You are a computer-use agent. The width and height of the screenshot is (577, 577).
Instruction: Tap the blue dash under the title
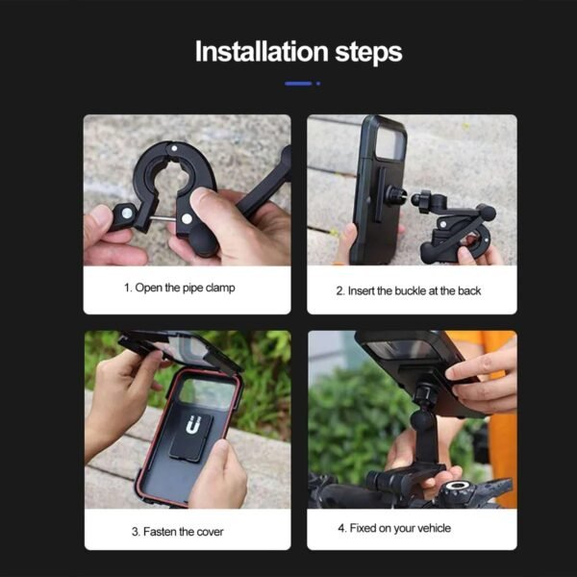pos(298,84)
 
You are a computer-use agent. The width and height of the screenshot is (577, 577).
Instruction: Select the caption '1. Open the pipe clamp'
pos(179,288)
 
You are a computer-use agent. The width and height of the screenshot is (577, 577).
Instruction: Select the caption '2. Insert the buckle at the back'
pos(409,289)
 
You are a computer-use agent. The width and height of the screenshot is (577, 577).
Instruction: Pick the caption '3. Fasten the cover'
pos(179,530)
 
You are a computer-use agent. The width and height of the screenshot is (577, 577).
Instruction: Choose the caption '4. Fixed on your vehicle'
pos(393,528)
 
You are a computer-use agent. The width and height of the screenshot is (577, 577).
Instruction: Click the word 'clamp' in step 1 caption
pos(218,288)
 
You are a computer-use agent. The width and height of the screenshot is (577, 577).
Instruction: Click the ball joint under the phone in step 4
pos(422,393)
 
